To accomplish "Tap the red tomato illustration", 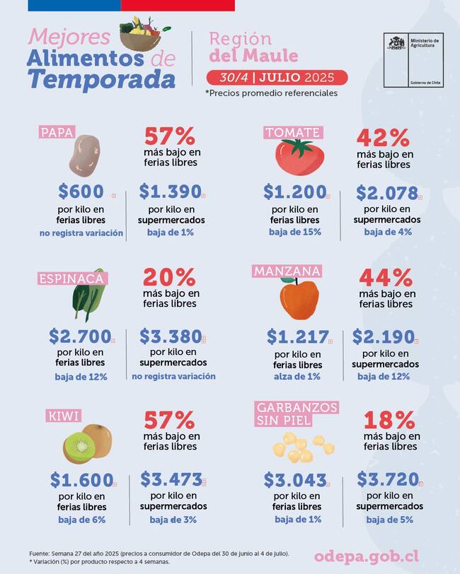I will (x=298, y=157).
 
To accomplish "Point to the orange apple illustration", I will (x=299, y=298).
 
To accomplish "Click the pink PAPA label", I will (x=58, y=132).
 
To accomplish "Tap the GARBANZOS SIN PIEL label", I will (x=297, y=414).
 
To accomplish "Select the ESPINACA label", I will (x=72, y=278).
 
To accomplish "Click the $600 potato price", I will (x=81, y=191).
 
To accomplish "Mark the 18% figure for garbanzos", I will (x=389, y=420).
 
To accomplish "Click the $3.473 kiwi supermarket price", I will (x=171, y=480).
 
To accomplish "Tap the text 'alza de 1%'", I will (x=297, y=377).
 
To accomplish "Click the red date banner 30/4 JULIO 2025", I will (x=277, y=77).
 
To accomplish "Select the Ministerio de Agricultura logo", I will (x=413, y=60).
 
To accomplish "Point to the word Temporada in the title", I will (x=101, y=79).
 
